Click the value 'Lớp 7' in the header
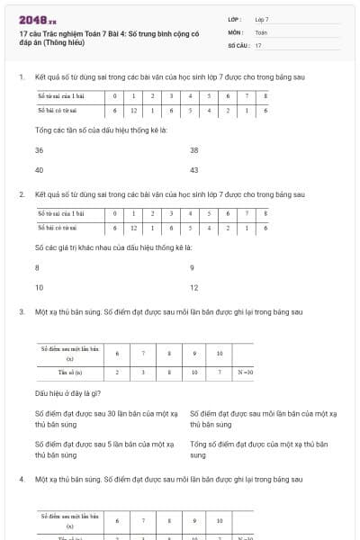point(262,18)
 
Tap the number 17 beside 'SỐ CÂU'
point(258,44)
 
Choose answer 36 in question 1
point(39,150)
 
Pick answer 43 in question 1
point(193,169)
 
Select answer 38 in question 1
point(193,150)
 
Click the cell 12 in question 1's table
point(133,111)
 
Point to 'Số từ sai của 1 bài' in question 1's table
point(59,95)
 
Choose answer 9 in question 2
point(192,268)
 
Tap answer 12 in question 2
point(193,287)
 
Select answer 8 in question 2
point(37,268)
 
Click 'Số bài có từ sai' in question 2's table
point(57,229)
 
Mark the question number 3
point(21,312)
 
